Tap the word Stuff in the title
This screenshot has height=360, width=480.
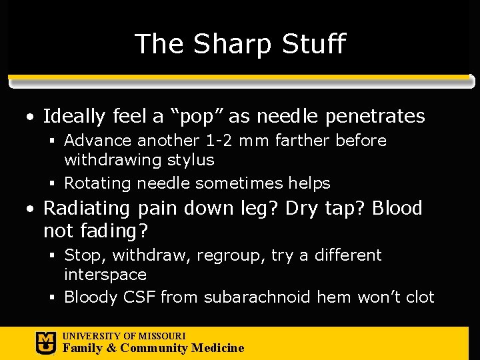click(x=313, y=44)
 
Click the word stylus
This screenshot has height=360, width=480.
click(x=191, y=160)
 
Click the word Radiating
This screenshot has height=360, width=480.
click(x=87, y=209)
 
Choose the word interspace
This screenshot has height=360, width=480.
click(x=105, y=275)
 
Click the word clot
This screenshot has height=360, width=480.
click(x=419, y=297)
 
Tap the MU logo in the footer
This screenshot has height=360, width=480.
click(x=45, y=343)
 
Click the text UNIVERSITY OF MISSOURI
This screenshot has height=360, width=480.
click(x=124, y=336)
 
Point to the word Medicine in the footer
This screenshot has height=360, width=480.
click(x=217, y=348)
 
